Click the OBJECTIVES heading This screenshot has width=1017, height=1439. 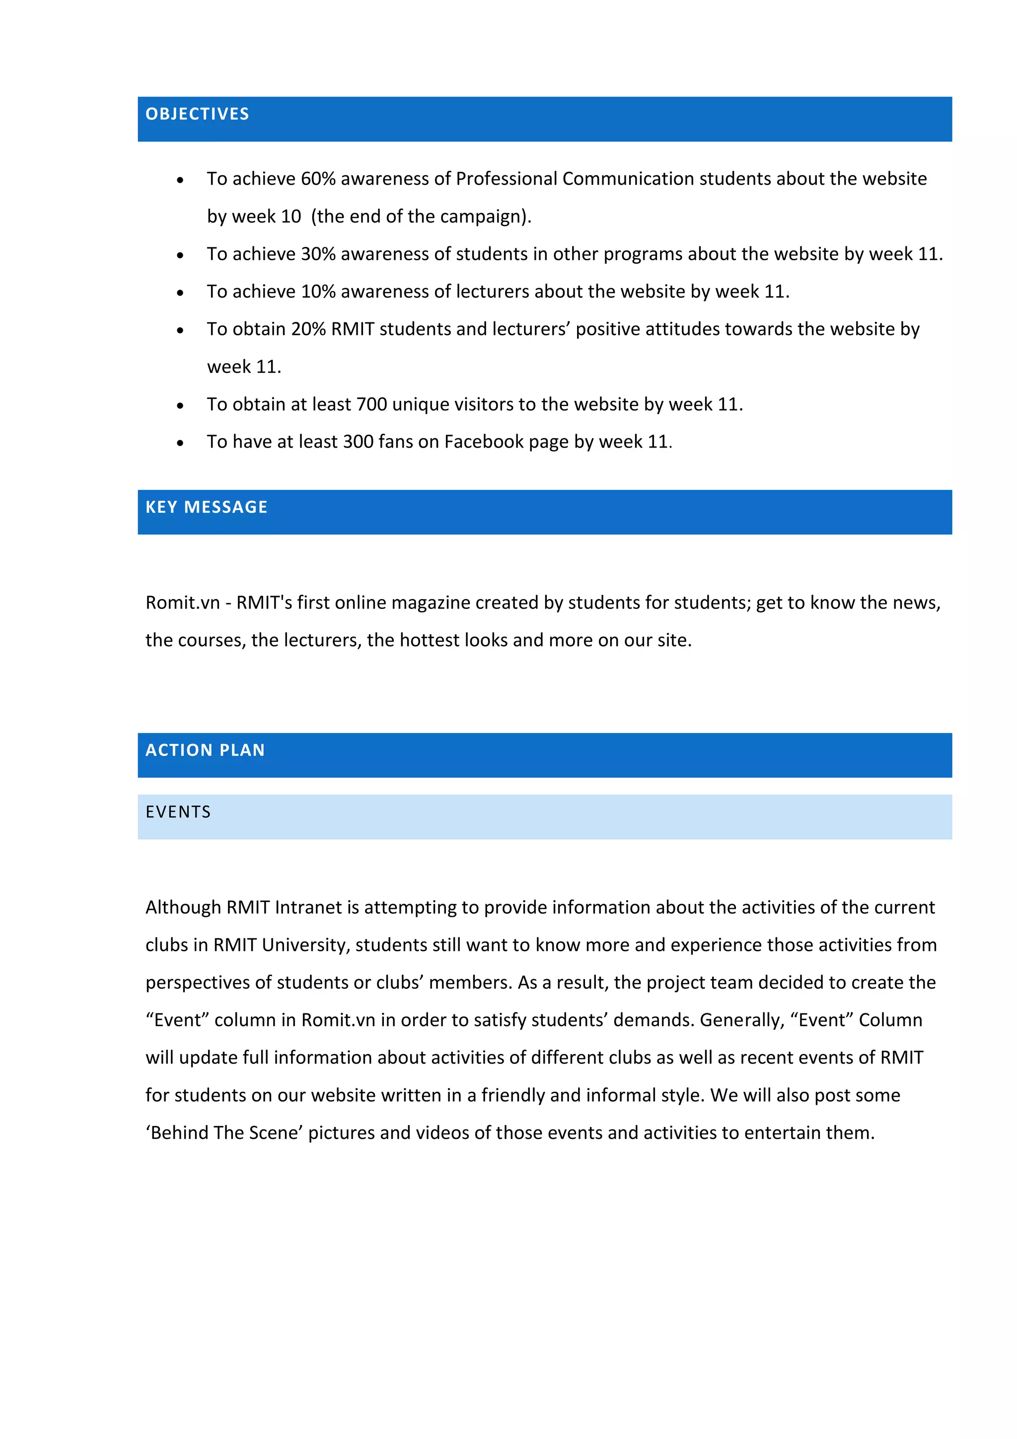click(x=197, y=114)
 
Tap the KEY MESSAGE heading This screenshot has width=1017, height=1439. click(x=206, y=507)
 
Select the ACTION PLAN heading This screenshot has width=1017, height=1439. click(x=205, y=750)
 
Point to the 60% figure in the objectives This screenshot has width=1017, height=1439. click(x=318, y=179)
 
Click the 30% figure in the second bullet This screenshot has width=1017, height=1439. click(x=318, y=254)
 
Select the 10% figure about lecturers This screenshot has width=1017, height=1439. click(x=318, y=292)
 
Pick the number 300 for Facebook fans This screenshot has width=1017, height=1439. click(x=359, y=443)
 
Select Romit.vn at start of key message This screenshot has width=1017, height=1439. click(x=182, y=603)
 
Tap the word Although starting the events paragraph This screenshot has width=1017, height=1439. click(x=183, y=908)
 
